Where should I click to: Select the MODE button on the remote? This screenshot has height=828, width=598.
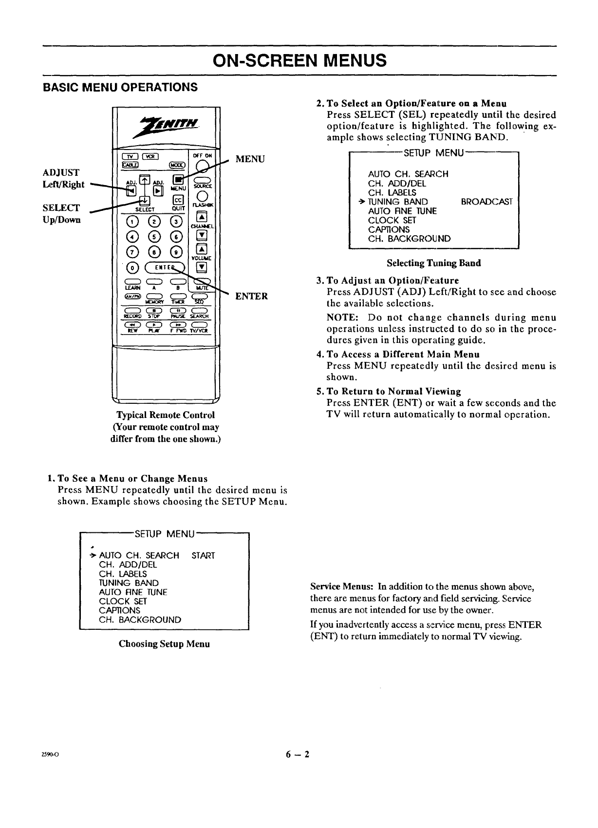[x=175, y=165]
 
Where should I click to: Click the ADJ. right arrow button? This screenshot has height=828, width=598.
[x=157, y=190]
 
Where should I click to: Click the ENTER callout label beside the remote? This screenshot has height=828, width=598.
[x=251, y=296]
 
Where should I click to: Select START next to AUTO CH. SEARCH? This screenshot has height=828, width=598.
[x=203, y=556]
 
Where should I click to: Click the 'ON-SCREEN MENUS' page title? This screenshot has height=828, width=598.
[x=299, y=60]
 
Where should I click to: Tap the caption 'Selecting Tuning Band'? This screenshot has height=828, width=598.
[x=433, y=263]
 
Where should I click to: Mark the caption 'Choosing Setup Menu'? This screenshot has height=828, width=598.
[x=164, y=644]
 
